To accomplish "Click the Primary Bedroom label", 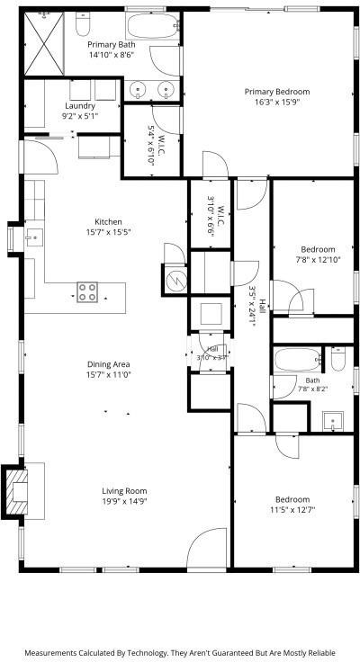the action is [x=277, y=92].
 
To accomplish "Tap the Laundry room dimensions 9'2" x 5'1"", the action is [x=80, y=116].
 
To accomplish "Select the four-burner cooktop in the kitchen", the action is [x=87, y=292].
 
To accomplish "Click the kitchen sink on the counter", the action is [x=34, y=238].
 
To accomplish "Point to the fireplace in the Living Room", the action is [x=15, y=491].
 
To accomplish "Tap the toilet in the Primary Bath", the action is [x=83, y=24].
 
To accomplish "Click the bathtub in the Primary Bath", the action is [x=152, y=26].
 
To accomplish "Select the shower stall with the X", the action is [x=44, y=44].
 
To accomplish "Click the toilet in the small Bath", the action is [x=338, y=359].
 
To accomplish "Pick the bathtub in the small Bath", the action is [x=298, y=360].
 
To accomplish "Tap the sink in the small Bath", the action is [x=332, y=421].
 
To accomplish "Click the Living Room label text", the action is [x=124, y=491].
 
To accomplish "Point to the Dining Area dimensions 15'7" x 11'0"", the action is [x=109, y=374].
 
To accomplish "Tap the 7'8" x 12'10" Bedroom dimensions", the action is [x=318, y=260].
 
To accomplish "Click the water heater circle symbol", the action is [x=176, y=279].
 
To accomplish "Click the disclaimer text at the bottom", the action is [x=180, y=653].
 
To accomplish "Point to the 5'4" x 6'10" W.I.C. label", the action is [x=156, y=145].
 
